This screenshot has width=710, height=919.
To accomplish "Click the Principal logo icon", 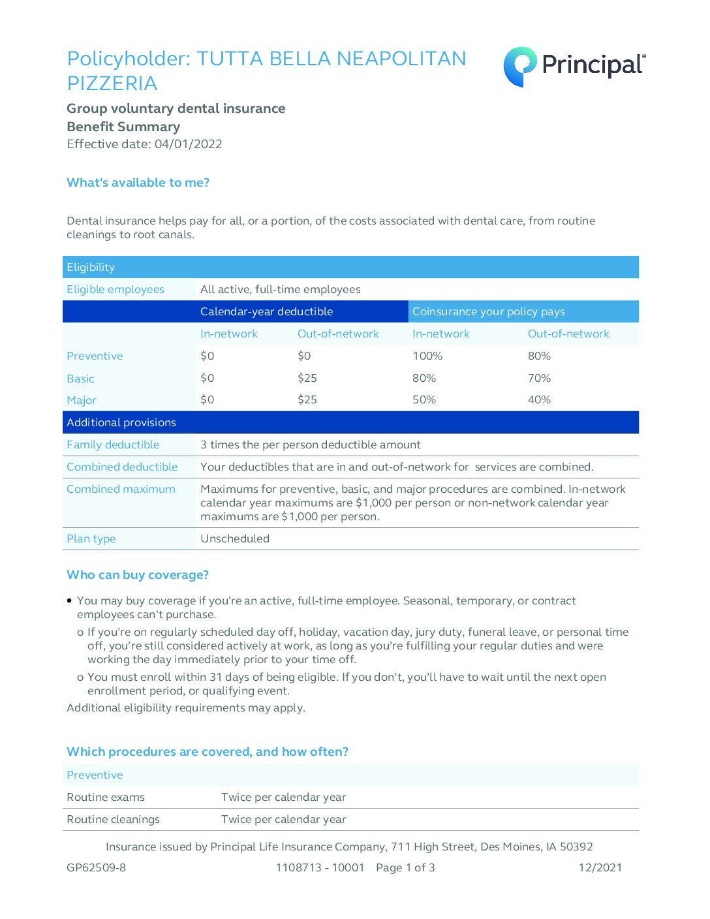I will pos(520,66).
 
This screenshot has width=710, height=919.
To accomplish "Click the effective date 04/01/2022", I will pos(188,144).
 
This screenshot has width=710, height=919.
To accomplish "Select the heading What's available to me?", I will pos(138,183).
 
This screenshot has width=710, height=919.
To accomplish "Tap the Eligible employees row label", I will pos(116,290).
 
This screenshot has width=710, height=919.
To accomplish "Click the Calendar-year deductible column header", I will pos(266,312).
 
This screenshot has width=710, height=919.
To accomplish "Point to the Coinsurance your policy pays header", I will pos(488,312).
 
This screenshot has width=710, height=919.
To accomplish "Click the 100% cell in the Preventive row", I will pos(427,356).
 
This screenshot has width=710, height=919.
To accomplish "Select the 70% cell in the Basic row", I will pos(539,379).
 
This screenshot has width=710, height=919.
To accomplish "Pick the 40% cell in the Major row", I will pos(539,400).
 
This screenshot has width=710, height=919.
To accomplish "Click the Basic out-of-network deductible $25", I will pos(307,379).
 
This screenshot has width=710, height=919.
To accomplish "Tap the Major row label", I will pos(82,401).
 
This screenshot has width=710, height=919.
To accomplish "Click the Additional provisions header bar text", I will pos(121,423).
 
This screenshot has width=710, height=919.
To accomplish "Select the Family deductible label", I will pos(113,445).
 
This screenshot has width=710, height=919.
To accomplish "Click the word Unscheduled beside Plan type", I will pos(235,539).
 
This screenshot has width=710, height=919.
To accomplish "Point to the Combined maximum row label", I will pos(121,490).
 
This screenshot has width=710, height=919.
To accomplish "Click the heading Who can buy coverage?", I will pos(138,575).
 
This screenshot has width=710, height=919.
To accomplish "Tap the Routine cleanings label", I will pos(113,820).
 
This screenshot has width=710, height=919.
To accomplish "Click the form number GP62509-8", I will pos(97,868).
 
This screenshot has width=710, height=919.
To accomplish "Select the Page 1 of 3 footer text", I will pos(405,868).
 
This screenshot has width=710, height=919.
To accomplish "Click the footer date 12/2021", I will pos(600,868).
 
